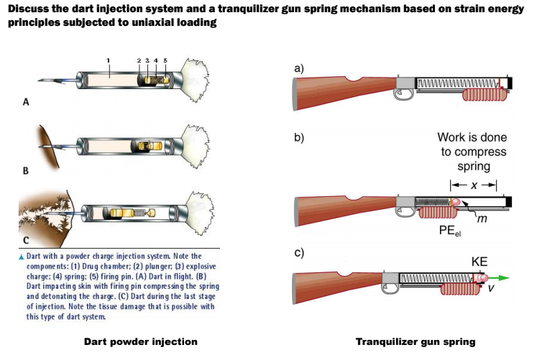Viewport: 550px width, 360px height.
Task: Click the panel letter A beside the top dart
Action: [27, 103]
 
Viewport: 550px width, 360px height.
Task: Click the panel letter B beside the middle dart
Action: [27, 171]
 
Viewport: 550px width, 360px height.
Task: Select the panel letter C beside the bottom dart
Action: [27, 239]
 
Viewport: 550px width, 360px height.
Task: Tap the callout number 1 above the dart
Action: [108, 59]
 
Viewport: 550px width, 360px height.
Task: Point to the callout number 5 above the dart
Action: [165, 59]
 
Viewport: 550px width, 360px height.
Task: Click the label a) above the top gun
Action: [300, 68]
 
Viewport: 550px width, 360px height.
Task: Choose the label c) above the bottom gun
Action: [300, 254]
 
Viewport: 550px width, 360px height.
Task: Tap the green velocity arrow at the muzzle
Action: [503, 277]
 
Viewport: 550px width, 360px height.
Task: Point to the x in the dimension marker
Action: [473, 185]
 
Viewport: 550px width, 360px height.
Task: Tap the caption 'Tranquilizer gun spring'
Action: [416, 341]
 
